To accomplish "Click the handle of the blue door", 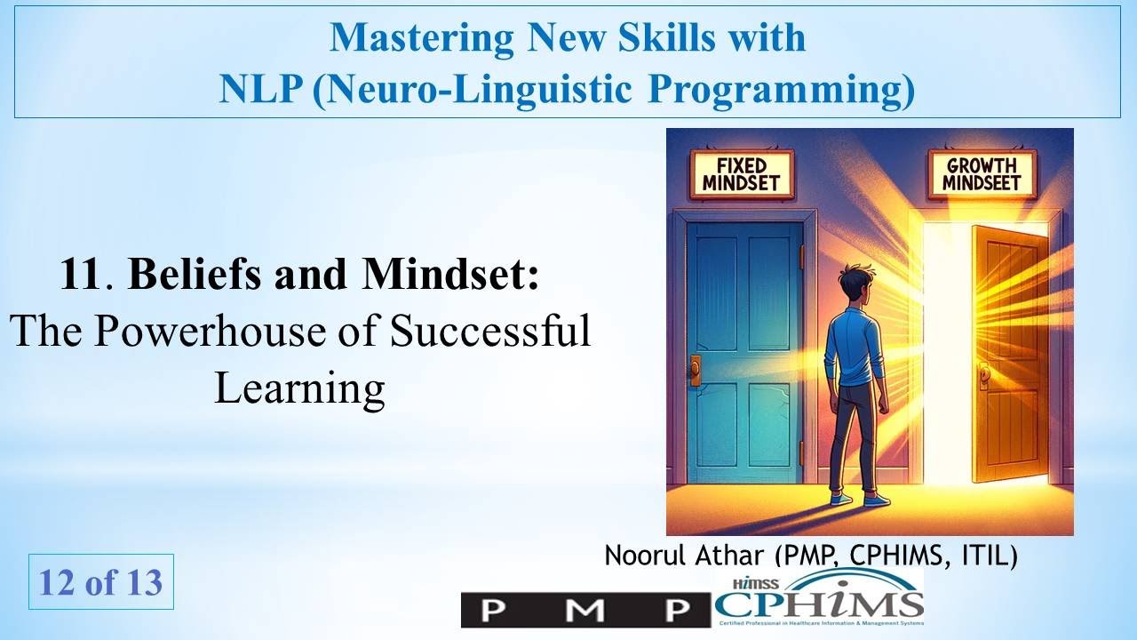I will [696, 367].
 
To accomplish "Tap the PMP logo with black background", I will [585, 610].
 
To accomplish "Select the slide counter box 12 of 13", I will [100, 582].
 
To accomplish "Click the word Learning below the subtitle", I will [299, 388].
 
